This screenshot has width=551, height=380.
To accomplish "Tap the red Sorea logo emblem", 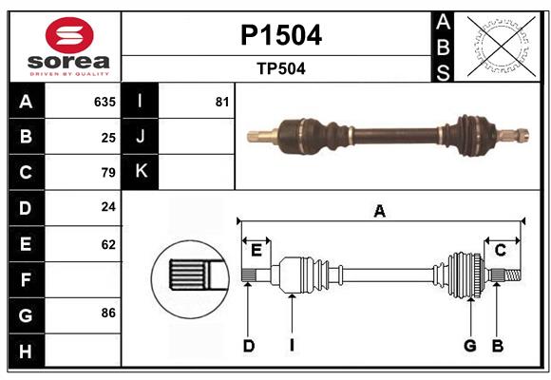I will (69, 37).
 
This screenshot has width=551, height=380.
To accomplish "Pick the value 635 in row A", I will (104, 102).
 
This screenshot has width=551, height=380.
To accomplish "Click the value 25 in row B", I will (108, 137).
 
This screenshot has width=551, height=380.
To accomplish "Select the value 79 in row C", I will (108, 173).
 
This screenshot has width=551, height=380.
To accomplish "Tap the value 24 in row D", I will (108, 206).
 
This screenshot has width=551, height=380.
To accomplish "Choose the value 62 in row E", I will (108, 244).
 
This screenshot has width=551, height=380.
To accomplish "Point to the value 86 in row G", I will (108, 313).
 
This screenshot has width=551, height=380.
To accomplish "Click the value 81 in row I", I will (222, 102).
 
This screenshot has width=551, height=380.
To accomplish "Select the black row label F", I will (26, 280).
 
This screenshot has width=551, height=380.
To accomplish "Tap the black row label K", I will (141, 172).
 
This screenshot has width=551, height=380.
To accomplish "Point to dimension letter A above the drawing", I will (380, 211).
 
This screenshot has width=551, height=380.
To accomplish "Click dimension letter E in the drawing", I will (256, 250).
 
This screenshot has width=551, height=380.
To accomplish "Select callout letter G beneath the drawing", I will (469, 346).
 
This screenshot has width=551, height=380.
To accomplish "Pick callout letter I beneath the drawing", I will (293, 346).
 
